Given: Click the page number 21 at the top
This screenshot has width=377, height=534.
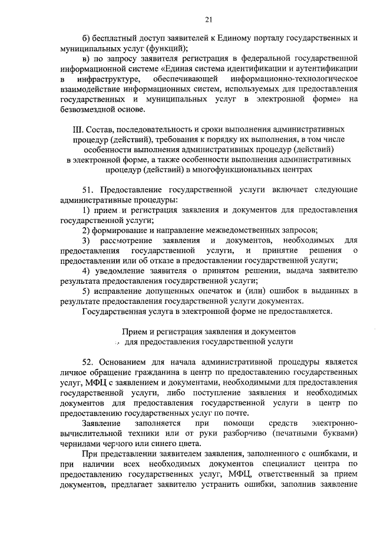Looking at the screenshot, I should [x=209, y=20].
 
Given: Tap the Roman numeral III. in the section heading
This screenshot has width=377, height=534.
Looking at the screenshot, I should [x=94, y=128].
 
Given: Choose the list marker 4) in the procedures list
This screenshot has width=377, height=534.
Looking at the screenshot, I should [x=87, y=271].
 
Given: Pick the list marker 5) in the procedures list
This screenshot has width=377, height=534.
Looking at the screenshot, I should [x=87, y=291].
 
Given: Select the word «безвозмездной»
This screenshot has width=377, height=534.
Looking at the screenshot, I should [x=88, y=109].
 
